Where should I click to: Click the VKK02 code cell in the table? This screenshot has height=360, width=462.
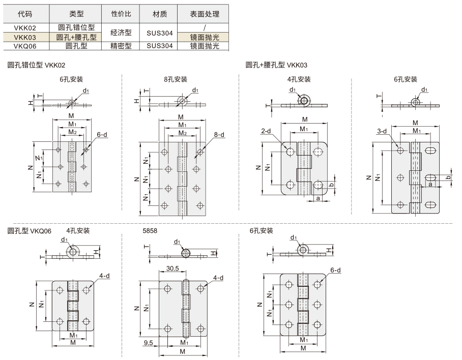pyautogui.click(x=25, y=28)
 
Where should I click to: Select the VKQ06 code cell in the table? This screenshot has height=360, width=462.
pyautogui.click(x=25, y=46)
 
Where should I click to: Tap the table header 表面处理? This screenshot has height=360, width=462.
pyautogui.click(x=205, y=14)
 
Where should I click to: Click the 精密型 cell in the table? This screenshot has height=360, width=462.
pyautogui.click(x=121, y=46)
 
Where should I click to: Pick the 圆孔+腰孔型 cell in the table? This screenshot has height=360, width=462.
pyautogui.click(x=76, y=37)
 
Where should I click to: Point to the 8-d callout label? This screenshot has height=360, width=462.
pyautogui.click(x=219, y=135)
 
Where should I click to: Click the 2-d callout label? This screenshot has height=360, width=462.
pyautogui.click(x=266, y=131)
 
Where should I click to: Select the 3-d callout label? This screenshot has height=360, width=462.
pyautogui.click(x=382, y=131)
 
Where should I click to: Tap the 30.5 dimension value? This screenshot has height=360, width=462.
pyautogui.click(x=172, y=268)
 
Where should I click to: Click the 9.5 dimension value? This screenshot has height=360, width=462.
pyautogui.click(x=148, y=343)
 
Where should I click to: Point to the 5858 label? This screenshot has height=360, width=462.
pyautogui.click(x=150, y=231)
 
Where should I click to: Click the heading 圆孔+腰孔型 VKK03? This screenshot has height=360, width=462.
pyautogui.click(x=276, y=65)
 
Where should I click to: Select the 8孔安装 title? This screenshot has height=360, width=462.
pyautogui.click(x=176, y=79)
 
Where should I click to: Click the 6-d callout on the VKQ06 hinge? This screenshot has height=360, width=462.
pyautogui.click(x=335, y=270)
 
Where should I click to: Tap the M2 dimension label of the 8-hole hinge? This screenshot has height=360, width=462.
pyautogui.click(x=183, y=133)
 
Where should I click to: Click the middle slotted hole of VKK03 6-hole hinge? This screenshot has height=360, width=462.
pyautogui.click(x=430, y=177)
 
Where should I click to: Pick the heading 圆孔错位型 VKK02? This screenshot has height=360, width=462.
pyautogui.click(x=36, y=65)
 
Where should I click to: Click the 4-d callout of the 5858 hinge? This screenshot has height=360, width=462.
pyautogui.click(x=218, y=278)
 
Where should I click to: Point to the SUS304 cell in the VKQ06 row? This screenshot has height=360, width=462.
pyautogui.click(x=159, y=46)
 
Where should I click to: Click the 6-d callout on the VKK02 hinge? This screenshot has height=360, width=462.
pyautogui.click(x=102, y=135)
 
